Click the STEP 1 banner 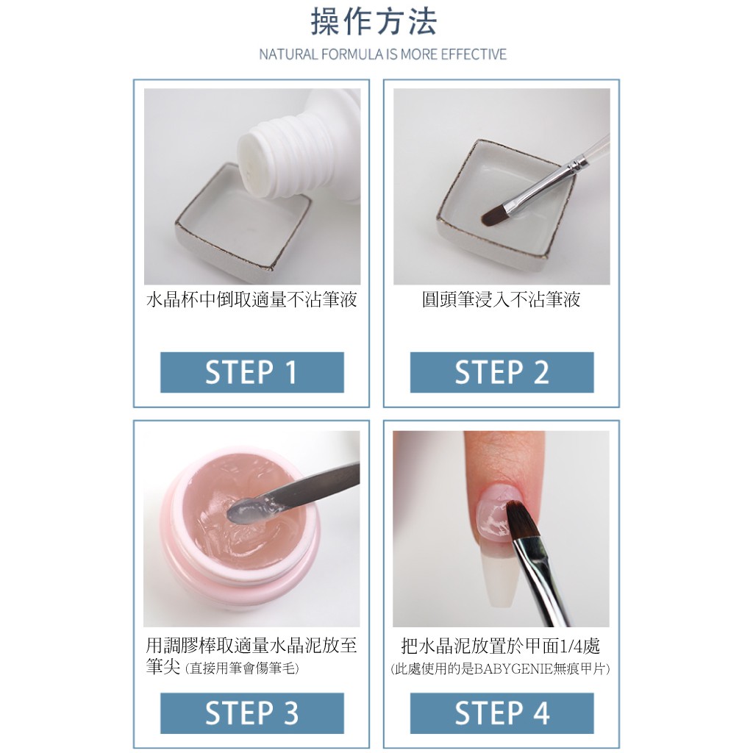tap(251, 372)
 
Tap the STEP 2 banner tap(502, 372)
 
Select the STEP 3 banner tap(251, 713)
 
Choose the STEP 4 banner tap(502, 713)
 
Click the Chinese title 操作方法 tap(374, 22)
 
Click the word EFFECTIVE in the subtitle tap(474, 54)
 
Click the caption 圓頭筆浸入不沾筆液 tap(501, 300)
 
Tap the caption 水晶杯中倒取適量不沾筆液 tap(251, 300)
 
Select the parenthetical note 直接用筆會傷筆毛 tap(243, 669)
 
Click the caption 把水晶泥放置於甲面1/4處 tap(501, 647)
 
